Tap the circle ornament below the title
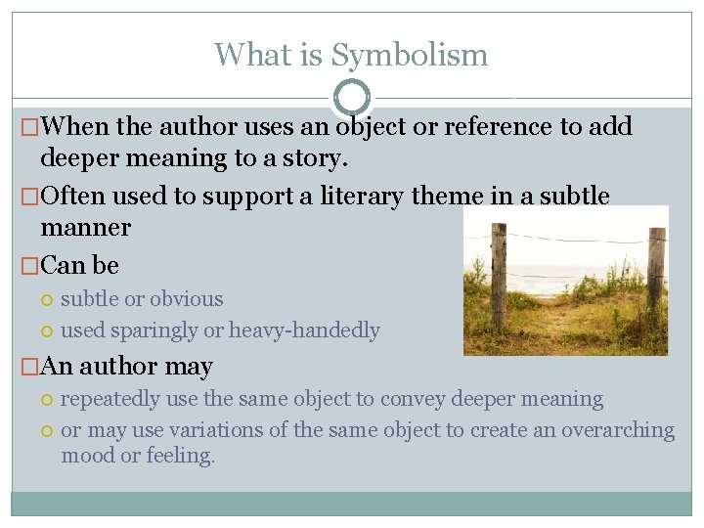(352, 98)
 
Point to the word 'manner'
(86, 228)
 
